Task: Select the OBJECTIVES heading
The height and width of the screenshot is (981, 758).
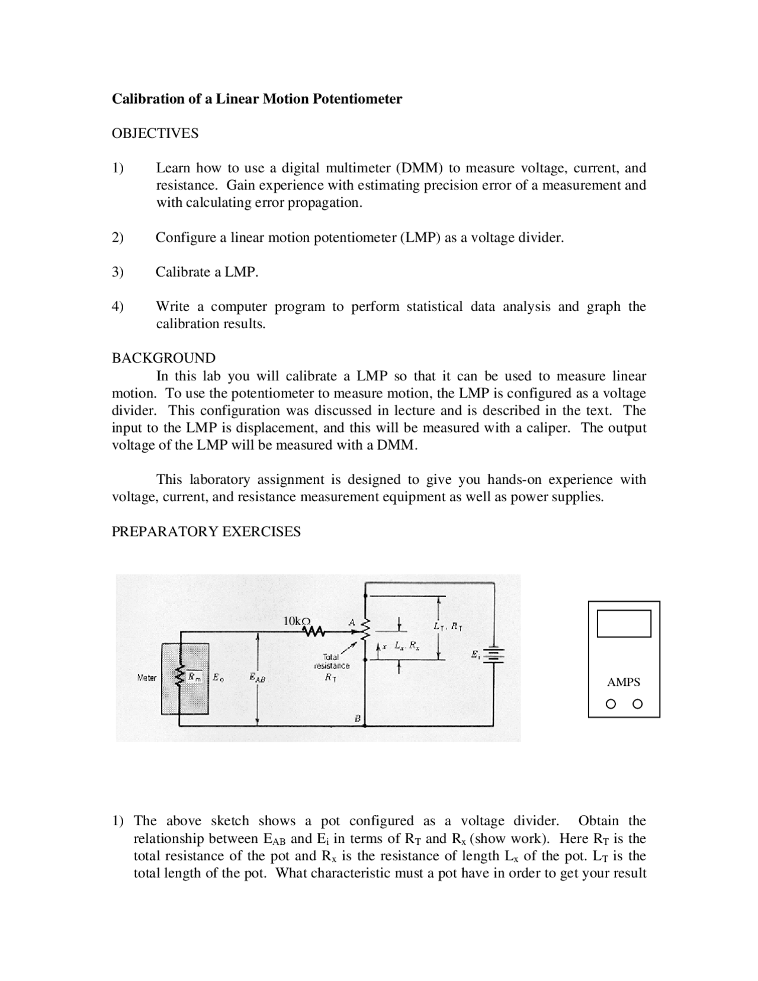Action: pos(155,133)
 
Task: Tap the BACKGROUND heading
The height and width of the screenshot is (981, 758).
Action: pos(163,358)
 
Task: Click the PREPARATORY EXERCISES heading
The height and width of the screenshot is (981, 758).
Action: pos(206,531)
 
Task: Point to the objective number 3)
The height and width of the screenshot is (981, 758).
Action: pos(118,272)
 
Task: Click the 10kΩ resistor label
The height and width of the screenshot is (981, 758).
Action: pos(296,621)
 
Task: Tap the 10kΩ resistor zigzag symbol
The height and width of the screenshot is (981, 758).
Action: pos(314,632)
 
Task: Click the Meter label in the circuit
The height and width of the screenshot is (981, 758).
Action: pos(146,678)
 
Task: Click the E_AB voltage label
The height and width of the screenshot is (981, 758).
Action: pos(258,678)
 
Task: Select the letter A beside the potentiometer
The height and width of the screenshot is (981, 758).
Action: pos(351,623)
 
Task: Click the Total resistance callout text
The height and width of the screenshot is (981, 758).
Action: pos(332,661)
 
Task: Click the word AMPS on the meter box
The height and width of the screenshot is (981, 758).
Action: pos(623,682)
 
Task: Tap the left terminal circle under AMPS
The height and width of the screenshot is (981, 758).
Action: pos(611,704)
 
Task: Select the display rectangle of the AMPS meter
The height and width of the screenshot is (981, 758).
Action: pos(624,623)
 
